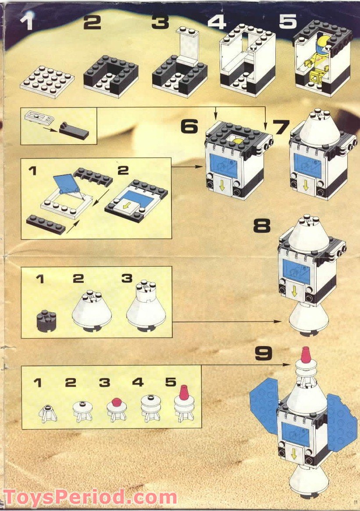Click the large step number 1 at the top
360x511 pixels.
pos(27,21)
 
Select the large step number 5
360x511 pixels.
pos(288,21)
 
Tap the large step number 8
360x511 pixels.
pos(262,225)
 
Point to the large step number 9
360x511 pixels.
pos(263,353)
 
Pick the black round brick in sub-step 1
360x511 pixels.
pos(46,321)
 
